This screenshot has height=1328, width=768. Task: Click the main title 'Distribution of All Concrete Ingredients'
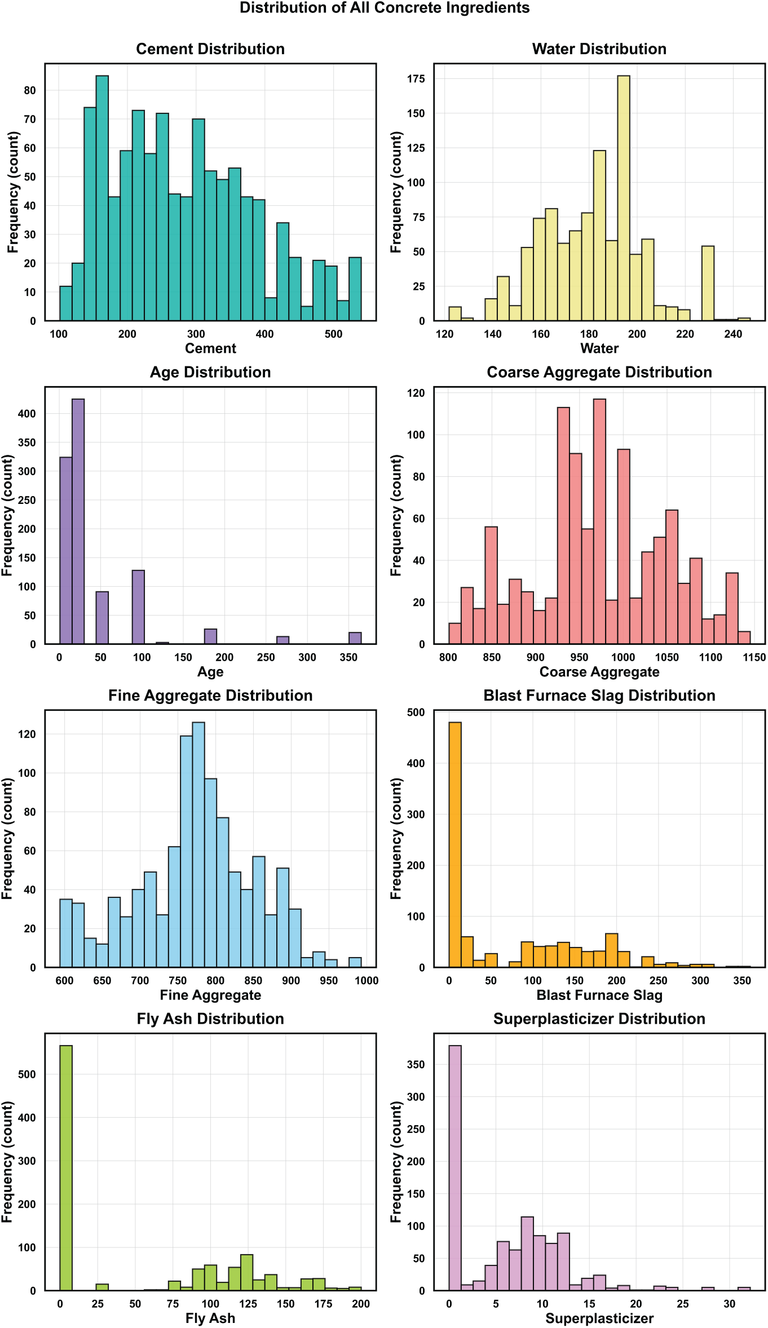tap(384, 8)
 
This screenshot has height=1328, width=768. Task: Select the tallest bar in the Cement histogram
tap(102, 197)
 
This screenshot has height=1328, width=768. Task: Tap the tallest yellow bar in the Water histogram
tap(623, 197)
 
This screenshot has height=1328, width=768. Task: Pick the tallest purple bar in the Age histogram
tap(78, 521)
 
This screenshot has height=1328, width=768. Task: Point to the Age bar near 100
tap(138, 607)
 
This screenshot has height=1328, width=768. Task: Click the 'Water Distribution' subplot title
tap(599, 49)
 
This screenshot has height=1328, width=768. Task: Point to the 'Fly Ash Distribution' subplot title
tap(210, 1019)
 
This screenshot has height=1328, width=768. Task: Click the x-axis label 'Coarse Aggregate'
tap(599, 672)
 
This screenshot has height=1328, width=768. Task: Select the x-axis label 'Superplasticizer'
tap(599, 1318)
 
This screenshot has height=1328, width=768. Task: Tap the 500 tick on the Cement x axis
tap(333, 334)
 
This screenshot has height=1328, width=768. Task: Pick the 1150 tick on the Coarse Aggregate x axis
tap(754, 657)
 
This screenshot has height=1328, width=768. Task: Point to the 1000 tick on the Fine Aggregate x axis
tap(367, 981)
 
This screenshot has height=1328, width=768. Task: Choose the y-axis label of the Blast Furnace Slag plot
tap(396, 839)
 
